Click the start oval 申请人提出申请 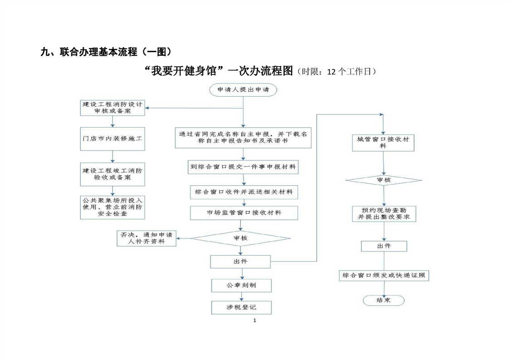(243, 90)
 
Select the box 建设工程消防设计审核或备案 (113, 108)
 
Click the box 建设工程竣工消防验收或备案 (113, 174)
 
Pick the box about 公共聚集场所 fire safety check (113, 207)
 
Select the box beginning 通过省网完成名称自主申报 (243, 138)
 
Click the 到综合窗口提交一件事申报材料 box (243, 167)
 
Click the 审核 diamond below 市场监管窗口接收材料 (240, 238)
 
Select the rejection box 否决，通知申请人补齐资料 (147, 238)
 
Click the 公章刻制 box (241, 286)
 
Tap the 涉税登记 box (241, 307)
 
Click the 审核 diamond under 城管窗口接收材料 (384, 180)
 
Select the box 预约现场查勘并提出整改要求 (384, 214)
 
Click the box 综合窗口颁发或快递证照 (384, 275)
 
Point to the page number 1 (254, 321)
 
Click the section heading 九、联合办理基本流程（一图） (106, 52)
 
